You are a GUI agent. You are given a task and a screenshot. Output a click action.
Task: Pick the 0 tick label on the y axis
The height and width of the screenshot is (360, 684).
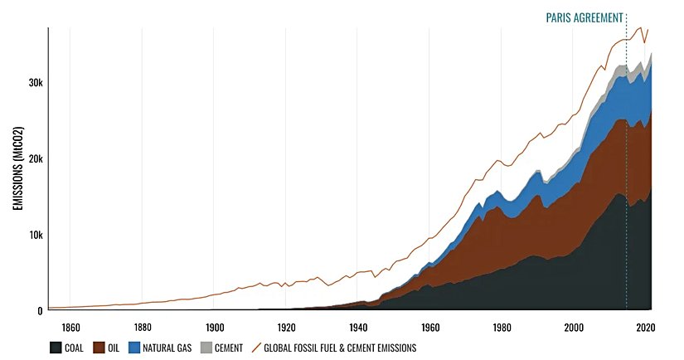pos(39,311)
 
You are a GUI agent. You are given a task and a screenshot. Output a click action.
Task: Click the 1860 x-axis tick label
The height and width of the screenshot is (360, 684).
pos(71,326)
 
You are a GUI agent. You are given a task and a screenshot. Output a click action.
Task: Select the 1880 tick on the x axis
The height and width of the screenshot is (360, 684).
pos(143,326)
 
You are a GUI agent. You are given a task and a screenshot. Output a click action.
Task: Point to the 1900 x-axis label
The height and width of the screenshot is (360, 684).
pos(215,326)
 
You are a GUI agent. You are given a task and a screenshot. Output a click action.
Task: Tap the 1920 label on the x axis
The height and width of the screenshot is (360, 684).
pos(287,326)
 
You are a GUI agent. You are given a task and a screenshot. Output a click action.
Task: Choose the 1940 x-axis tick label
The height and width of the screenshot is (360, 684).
pos(358,326)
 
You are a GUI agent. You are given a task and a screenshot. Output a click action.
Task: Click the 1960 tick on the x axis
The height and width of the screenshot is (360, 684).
pos(430,326)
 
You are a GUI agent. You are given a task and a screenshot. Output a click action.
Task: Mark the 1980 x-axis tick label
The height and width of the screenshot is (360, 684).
pos(502,326)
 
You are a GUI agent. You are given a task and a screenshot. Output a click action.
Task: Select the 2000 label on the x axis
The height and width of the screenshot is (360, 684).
pos(574,326)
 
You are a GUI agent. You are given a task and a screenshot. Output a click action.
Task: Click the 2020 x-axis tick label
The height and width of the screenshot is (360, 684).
pos(645,326)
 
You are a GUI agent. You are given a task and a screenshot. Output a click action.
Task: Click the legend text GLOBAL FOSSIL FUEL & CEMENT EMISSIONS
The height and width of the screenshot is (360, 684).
pos(340,348)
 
